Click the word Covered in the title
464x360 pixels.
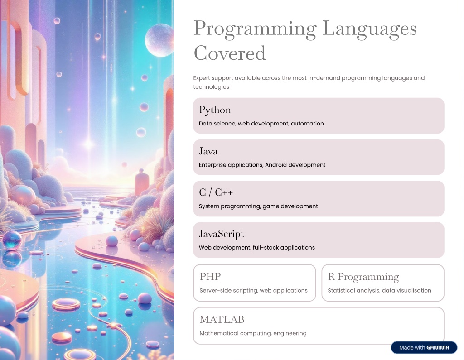[230, 53]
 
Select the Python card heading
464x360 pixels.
[215, 110]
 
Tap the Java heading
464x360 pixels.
[208, 151]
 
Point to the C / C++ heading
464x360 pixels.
[216, 192]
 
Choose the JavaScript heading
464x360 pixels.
[221, 234]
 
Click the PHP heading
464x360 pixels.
[210, 276]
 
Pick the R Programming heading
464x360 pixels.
[363, 277]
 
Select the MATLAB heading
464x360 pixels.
[222, 319]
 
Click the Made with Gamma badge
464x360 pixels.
[424, 347]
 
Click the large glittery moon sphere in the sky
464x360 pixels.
[159, 40]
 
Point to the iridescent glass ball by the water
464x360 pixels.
[12, 240]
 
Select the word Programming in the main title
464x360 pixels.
[255, 29]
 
